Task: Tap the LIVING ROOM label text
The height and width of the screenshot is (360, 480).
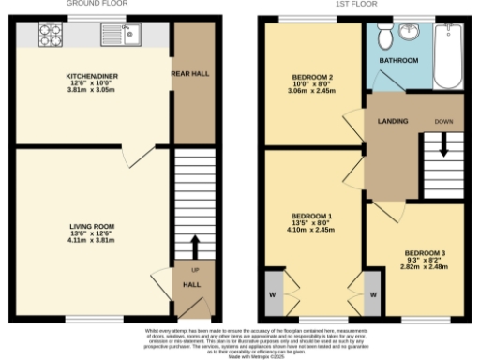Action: tap(91, 226)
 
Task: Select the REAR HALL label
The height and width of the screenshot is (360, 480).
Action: tap(188, 72)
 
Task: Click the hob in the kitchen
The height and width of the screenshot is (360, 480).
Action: tap(49, 36)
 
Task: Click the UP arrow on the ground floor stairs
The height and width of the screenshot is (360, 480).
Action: tap(195, 246)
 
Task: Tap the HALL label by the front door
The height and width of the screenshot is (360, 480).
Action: tap(191, 283)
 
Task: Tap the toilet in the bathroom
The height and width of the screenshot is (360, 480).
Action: tap(385, 37)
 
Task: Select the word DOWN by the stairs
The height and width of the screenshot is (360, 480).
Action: tap(443, 121)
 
